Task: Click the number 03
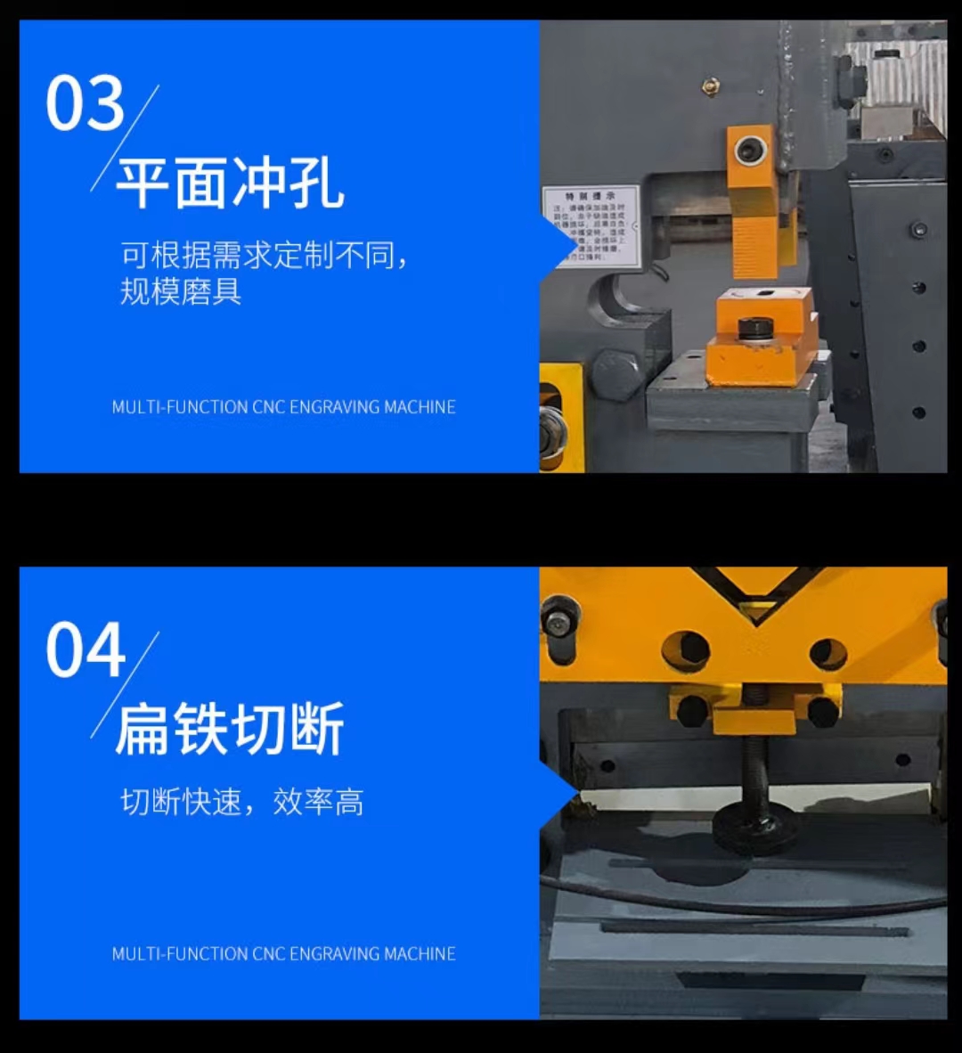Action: [x=85, y=104]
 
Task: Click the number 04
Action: [x=85, y=650]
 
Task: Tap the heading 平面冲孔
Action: [x=230, y=184]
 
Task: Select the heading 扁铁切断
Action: [x=230, y=730]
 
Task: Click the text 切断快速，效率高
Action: [x=241, y=803]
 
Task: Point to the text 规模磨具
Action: [x=181, y=291]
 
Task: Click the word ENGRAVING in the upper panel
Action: [x=335, y=407]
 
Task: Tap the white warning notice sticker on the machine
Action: [x=591, y=225]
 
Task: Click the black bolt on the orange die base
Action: [x=754, y=328]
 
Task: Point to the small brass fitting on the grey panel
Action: [x=710, y=86]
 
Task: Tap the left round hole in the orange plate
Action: [x=685, y=650]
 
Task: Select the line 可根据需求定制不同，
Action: [x=265, y=256]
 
